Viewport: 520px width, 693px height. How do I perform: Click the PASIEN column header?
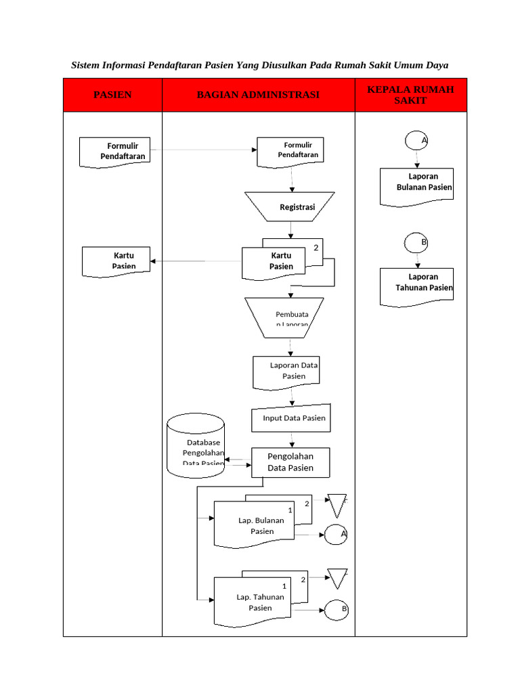(x=112, y=95)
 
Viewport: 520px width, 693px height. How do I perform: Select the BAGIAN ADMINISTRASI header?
(x=258, y=95)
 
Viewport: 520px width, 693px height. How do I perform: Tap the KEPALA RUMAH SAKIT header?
(x=410, y=95)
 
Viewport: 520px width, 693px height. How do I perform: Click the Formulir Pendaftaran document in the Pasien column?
(x=114, y=152)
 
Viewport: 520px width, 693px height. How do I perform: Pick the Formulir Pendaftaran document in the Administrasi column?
(x=290, y=151)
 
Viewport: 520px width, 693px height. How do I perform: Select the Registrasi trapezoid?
(x=290, y=207)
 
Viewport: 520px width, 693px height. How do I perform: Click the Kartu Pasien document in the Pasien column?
(x=115, y=261)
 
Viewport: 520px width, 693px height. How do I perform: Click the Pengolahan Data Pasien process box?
(x=290, y=462)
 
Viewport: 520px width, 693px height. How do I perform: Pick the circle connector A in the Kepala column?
(x=416, y=140)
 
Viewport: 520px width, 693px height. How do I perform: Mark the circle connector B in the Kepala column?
(x=416, y=242)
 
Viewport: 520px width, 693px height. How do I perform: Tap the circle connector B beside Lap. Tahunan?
(x=337, y=610)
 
